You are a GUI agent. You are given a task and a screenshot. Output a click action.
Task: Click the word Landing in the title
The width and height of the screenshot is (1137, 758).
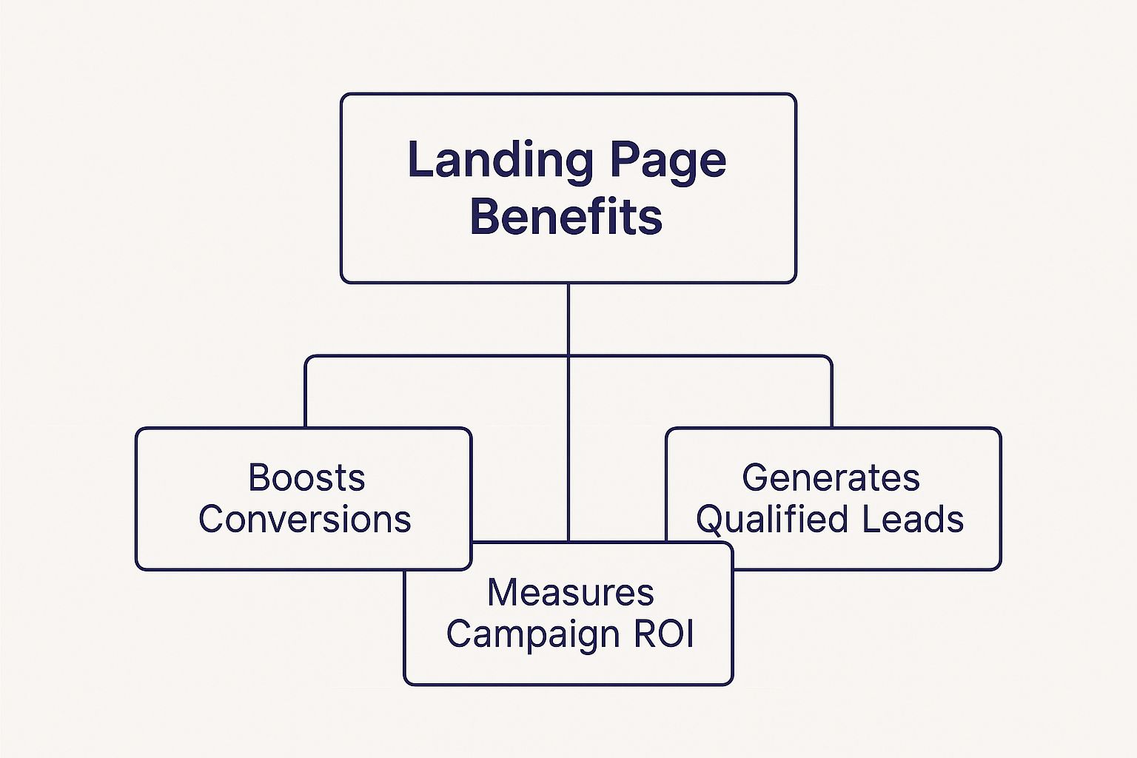500,161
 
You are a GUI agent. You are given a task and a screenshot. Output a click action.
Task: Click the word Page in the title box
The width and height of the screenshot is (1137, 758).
669,161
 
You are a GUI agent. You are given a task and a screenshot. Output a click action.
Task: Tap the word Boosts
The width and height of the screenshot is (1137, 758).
306,478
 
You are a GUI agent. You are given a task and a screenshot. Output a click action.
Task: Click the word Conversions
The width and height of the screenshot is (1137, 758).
304,520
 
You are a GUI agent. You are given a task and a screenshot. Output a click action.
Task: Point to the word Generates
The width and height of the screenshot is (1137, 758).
831,478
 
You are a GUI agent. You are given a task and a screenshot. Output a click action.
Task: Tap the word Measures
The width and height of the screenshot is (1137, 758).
571,593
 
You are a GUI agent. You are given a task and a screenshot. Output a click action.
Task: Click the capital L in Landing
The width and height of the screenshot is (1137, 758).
419,161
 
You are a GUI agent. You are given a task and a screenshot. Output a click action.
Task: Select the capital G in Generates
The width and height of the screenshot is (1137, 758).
754,478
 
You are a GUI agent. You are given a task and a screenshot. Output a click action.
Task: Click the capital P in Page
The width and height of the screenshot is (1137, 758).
625,161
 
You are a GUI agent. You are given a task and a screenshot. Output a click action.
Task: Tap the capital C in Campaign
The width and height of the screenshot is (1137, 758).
459,634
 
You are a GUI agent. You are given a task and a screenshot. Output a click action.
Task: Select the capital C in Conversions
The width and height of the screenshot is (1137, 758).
211,520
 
